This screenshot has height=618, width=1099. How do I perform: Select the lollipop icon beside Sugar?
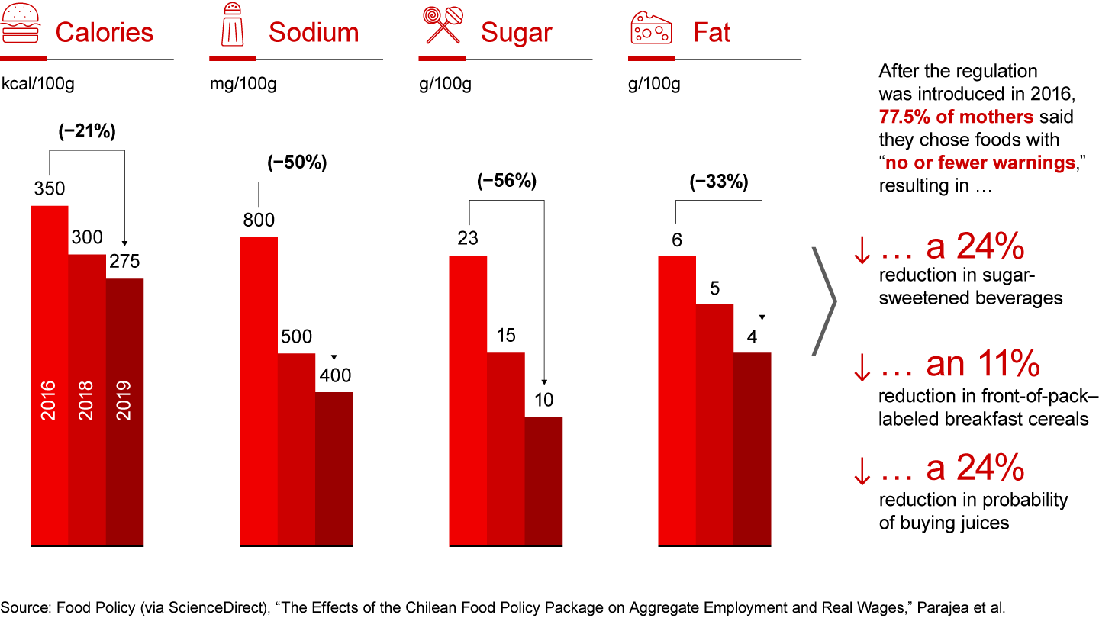tap(442, 27)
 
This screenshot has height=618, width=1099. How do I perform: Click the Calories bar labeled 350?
tap(49, 374)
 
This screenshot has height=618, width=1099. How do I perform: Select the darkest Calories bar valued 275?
tap(124, 412)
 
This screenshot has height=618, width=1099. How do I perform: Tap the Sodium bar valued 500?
tap(296, 450)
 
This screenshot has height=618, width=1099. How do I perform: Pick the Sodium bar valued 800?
tap(259, 389)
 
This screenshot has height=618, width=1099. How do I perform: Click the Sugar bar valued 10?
tap(543, 481)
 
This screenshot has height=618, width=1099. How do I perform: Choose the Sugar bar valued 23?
tap(468, 397)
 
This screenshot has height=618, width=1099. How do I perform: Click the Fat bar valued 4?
tap(752, 450)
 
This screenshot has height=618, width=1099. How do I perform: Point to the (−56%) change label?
tap(507, 182)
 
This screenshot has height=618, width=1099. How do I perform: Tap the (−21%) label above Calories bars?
tap(87, 132)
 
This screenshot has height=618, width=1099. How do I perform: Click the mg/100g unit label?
tap(243, 84)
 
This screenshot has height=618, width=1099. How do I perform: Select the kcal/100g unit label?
tap(37, 84)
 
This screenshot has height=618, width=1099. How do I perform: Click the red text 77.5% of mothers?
tap(956, 117)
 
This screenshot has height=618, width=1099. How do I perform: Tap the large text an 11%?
tap(984, 365)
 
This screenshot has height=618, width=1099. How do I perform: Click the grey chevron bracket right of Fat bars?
tap(825, 301)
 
